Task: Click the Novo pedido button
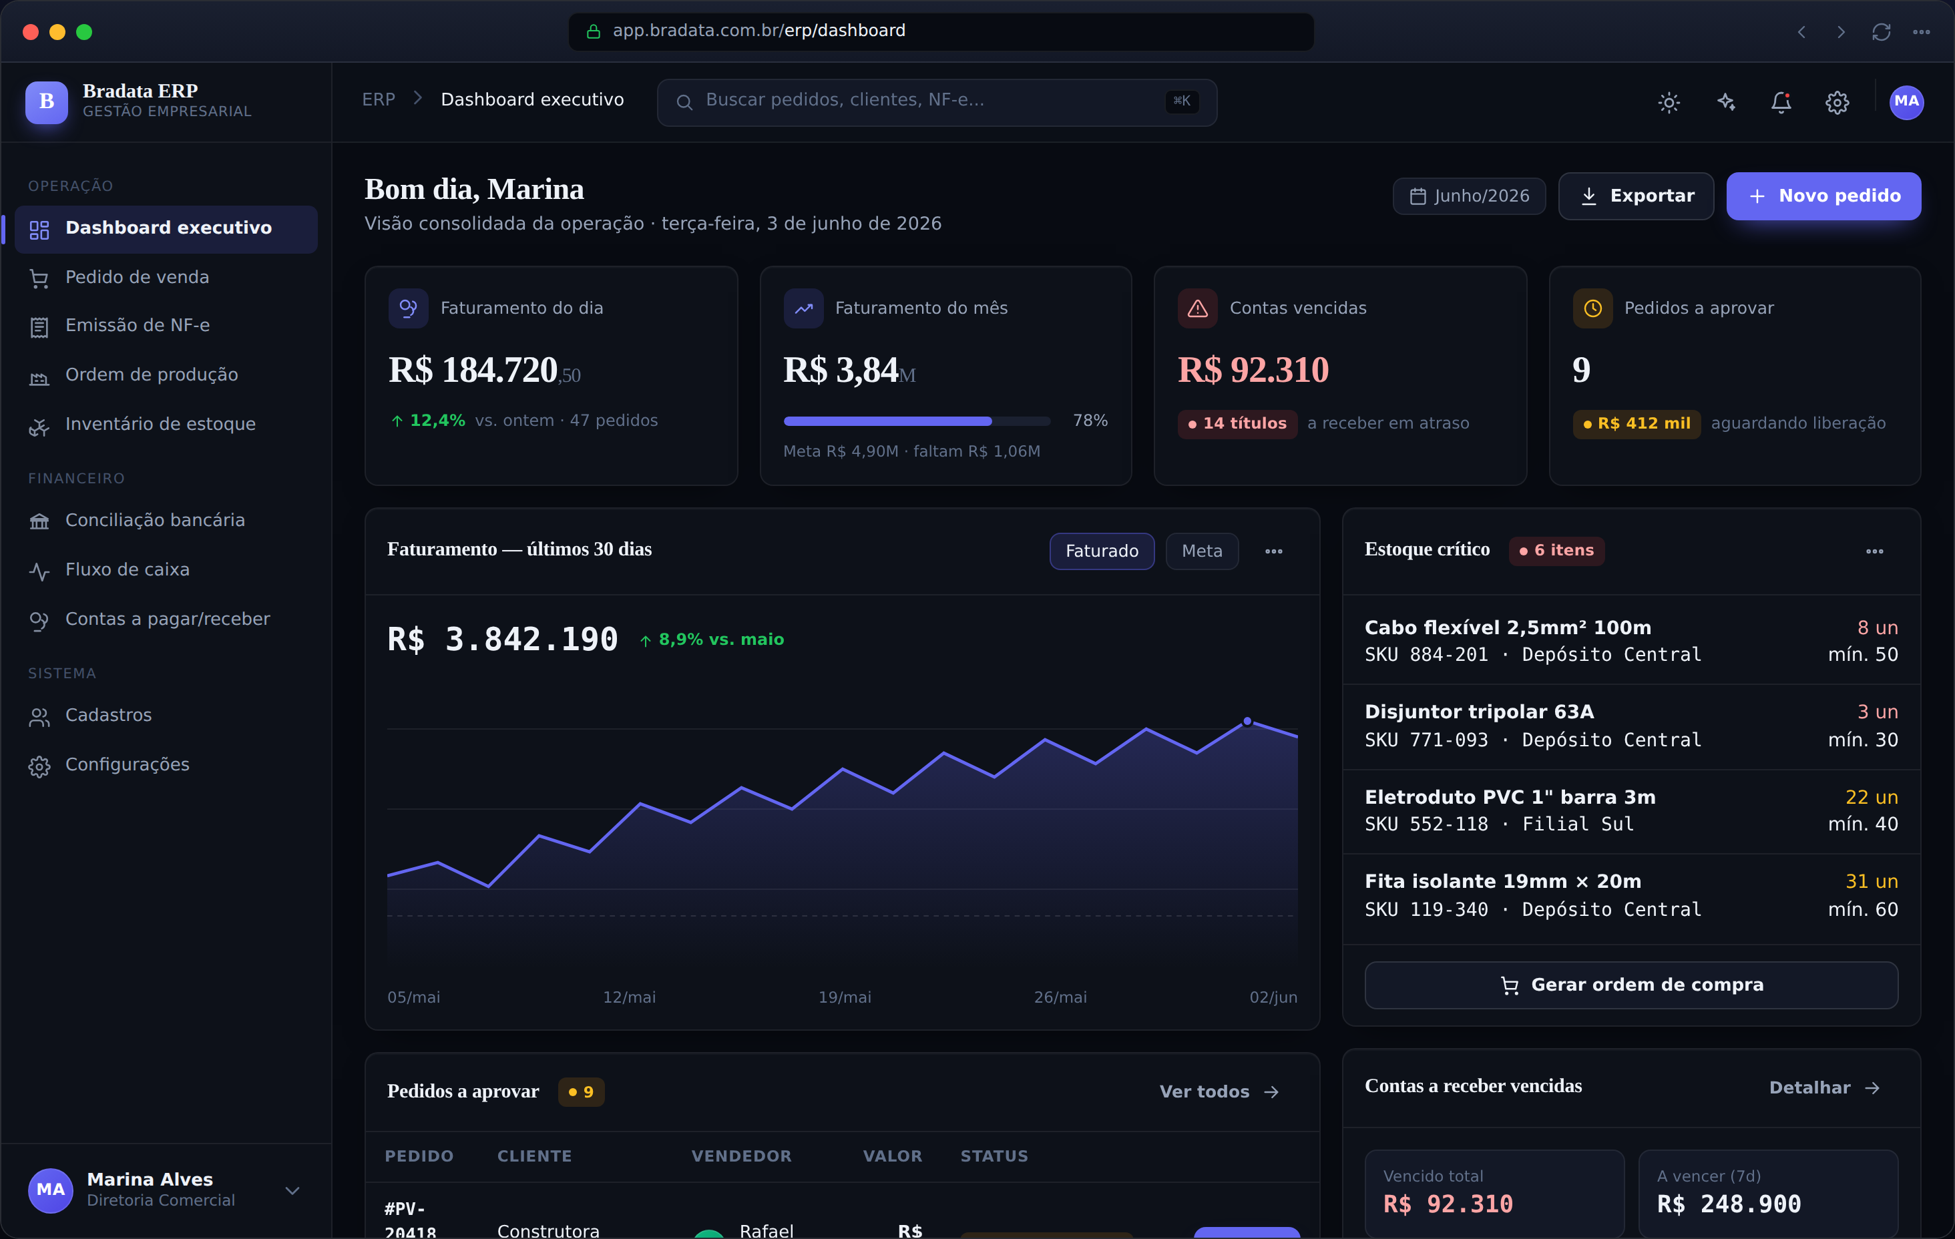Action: click(x=1823, y=196)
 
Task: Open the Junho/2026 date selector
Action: click(x=1469, y=196)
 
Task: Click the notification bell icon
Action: click(x=1781, y=101)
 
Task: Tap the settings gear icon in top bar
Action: click(x=1836, y=101)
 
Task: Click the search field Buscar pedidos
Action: click(x=936, y=101)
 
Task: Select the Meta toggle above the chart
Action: click(x=1202, y=551)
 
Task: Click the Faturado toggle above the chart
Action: click(x=1102, y=551)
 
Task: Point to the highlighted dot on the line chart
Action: click(x=1247, y=721)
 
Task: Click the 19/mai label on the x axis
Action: click(x=845, y=997)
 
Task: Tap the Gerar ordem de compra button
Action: click(x=1631, y=985)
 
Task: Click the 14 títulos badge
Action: click(x=1237, y=424)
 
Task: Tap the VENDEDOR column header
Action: click(x=741, y=1156)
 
